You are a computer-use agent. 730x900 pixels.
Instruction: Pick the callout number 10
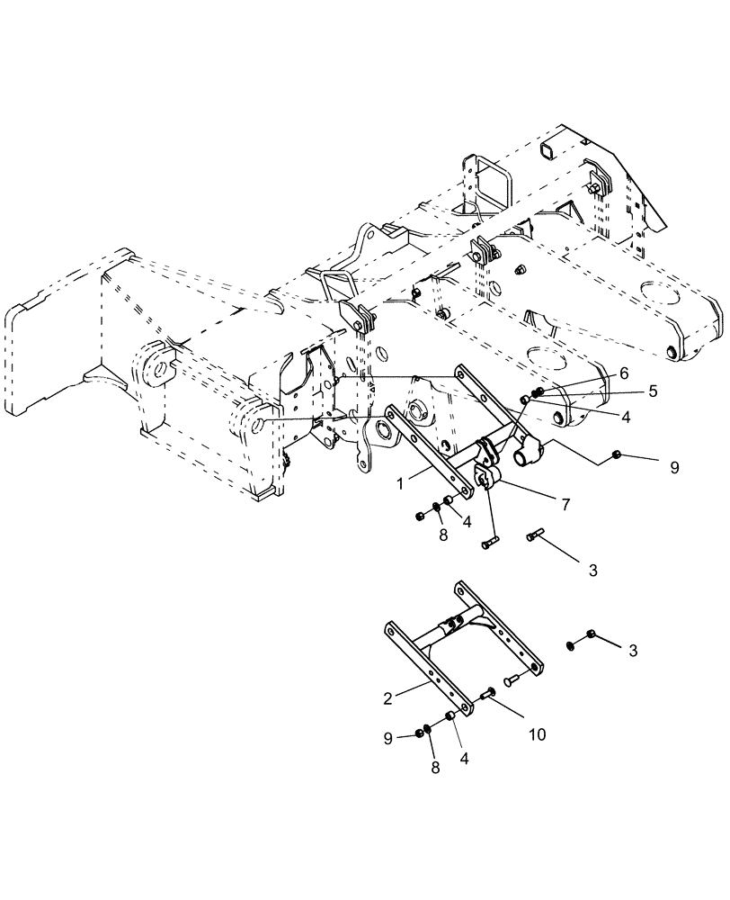(x=536, y=734)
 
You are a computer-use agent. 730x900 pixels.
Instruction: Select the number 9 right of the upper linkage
(x=675, y=468)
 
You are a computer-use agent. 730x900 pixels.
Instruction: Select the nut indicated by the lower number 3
(x=572, y=644)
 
